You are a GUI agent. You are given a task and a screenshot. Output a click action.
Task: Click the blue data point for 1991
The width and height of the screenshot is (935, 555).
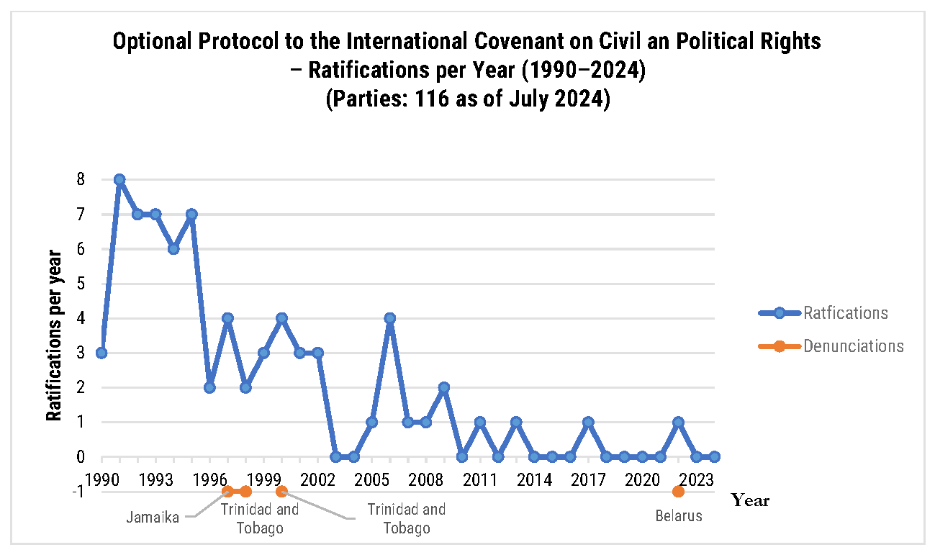119,179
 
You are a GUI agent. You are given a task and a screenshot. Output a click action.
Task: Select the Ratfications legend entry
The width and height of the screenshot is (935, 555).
845,313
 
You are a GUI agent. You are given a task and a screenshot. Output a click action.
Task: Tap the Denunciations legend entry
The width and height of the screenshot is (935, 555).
853,346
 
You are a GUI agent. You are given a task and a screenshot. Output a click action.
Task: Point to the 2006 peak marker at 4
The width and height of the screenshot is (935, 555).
390,318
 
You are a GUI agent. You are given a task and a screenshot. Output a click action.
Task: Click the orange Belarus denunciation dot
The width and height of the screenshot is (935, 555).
678,492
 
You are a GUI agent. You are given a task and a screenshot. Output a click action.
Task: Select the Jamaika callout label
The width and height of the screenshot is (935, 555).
153,517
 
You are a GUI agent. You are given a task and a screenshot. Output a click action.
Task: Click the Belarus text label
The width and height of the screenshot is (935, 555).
679,515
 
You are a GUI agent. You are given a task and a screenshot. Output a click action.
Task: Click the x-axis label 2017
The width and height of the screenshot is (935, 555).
588,479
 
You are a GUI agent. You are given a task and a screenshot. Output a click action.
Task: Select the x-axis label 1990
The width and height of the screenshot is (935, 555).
101,479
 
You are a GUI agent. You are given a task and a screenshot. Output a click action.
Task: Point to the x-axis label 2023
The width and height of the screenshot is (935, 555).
696,479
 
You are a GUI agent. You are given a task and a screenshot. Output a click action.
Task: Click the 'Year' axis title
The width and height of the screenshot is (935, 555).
750,500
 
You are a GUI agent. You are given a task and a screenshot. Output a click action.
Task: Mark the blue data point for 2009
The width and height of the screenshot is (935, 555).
444,387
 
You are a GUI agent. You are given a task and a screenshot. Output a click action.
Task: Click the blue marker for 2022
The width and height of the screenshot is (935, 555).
678,422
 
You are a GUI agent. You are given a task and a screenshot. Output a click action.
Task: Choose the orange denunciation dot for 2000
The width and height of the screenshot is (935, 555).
281,492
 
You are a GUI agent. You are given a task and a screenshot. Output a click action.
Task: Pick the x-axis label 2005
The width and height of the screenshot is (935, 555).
372,479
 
